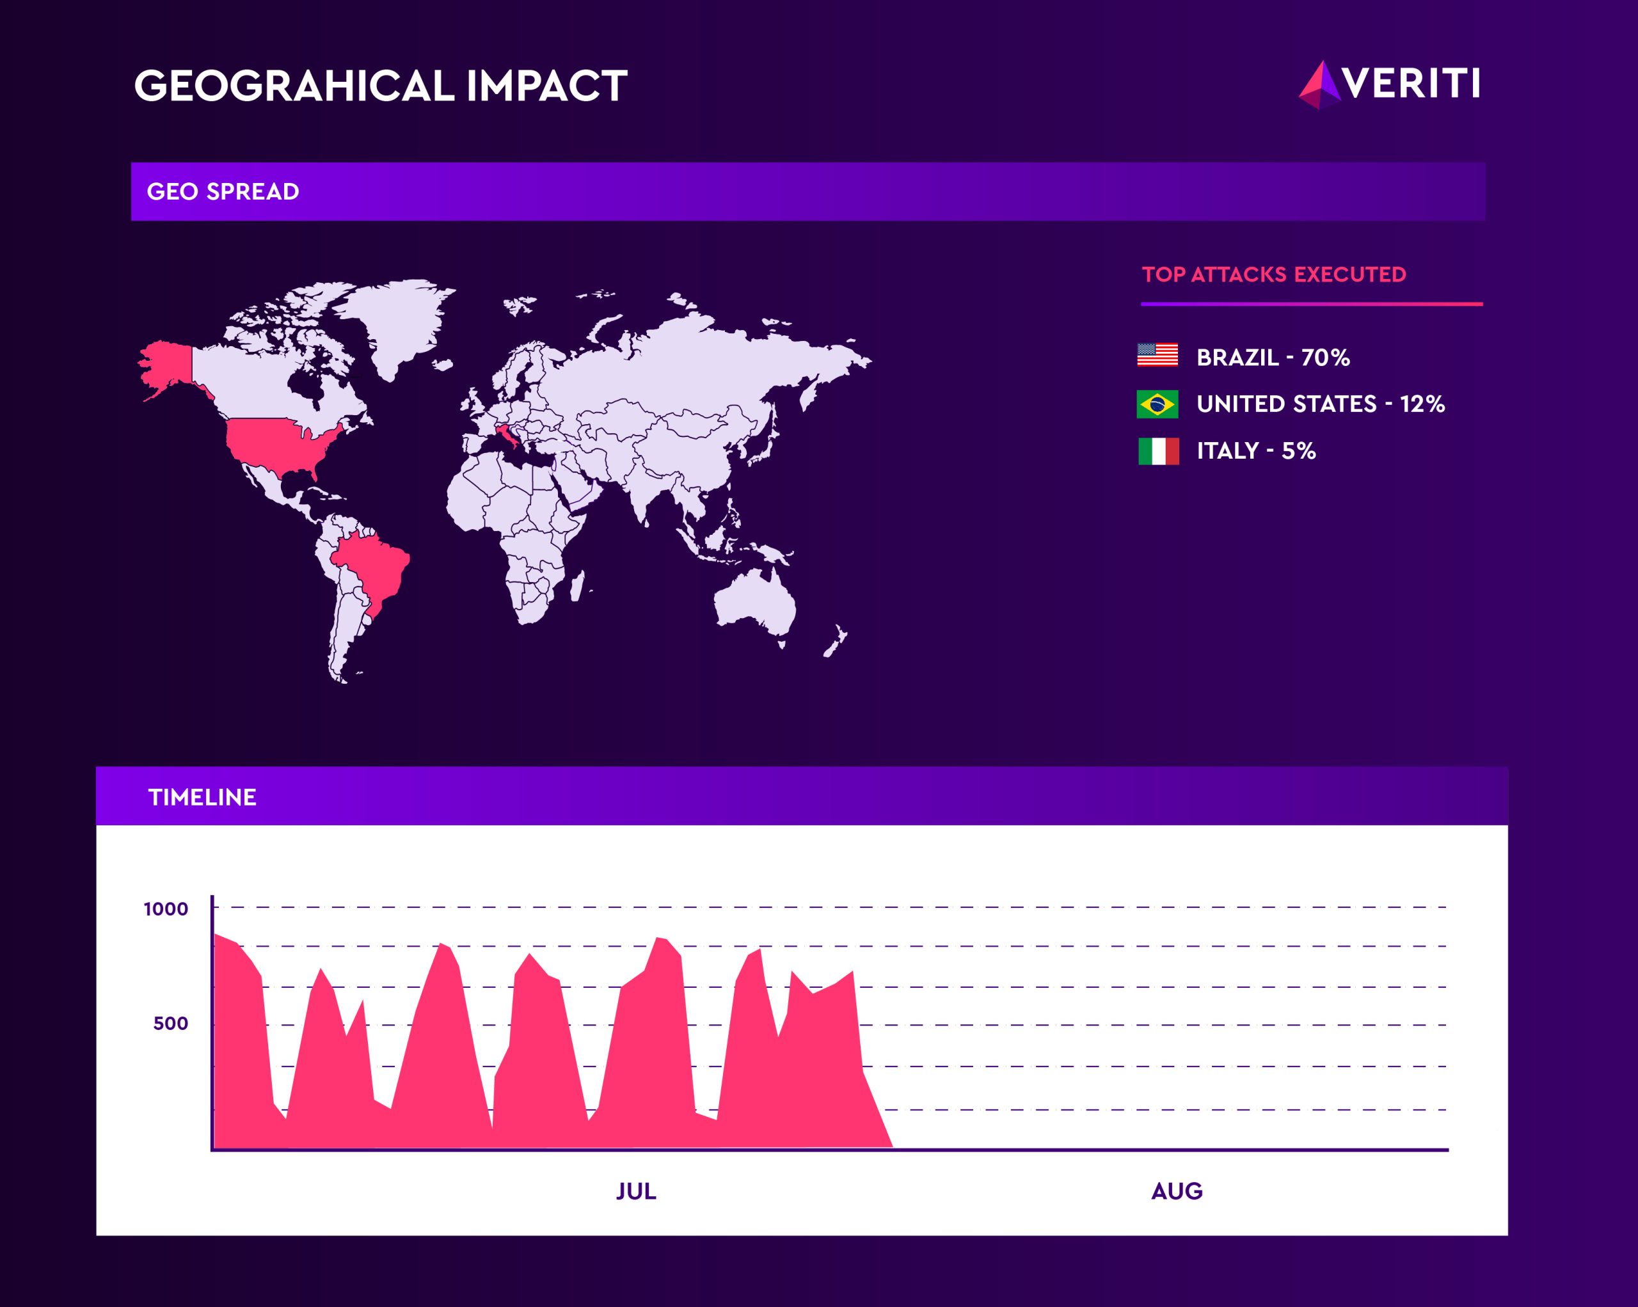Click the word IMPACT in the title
point(547,85)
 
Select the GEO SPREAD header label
point(223,191)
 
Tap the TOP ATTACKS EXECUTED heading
point(1274,274)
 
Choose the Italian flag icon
point(1159,451)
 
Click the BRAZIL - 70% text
point(1273,357)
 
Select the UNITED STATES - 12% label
point(1321,404)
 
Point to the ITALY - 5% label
point(1256,451)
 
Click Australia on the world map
point(754,605)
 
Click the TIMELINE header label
point(202,797)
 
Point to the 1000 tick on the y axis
point(166,909)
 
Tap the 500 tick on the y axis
point(170,1024)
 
